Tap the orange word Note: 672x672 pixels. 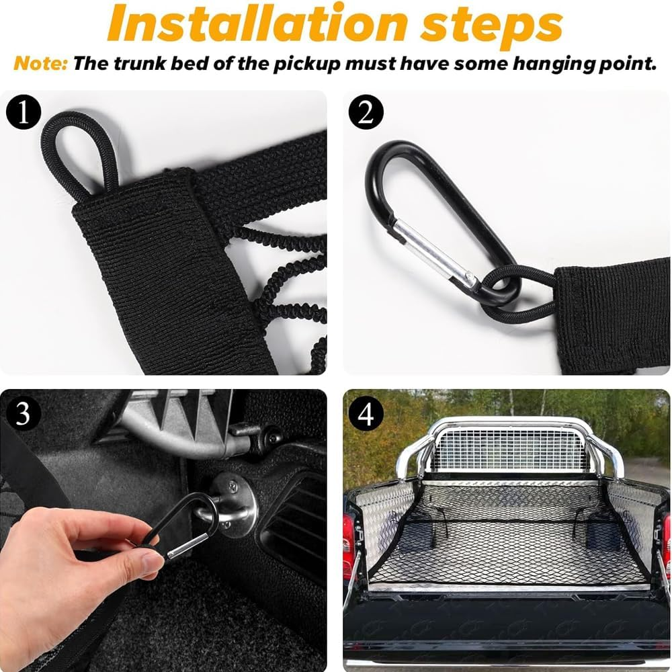click(40, 64)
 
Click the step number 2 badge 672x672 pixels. click(366, 112)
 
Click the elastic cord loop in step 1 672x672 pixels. click(77, 151)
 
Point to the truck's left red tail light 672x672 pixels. click(348, 538)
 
